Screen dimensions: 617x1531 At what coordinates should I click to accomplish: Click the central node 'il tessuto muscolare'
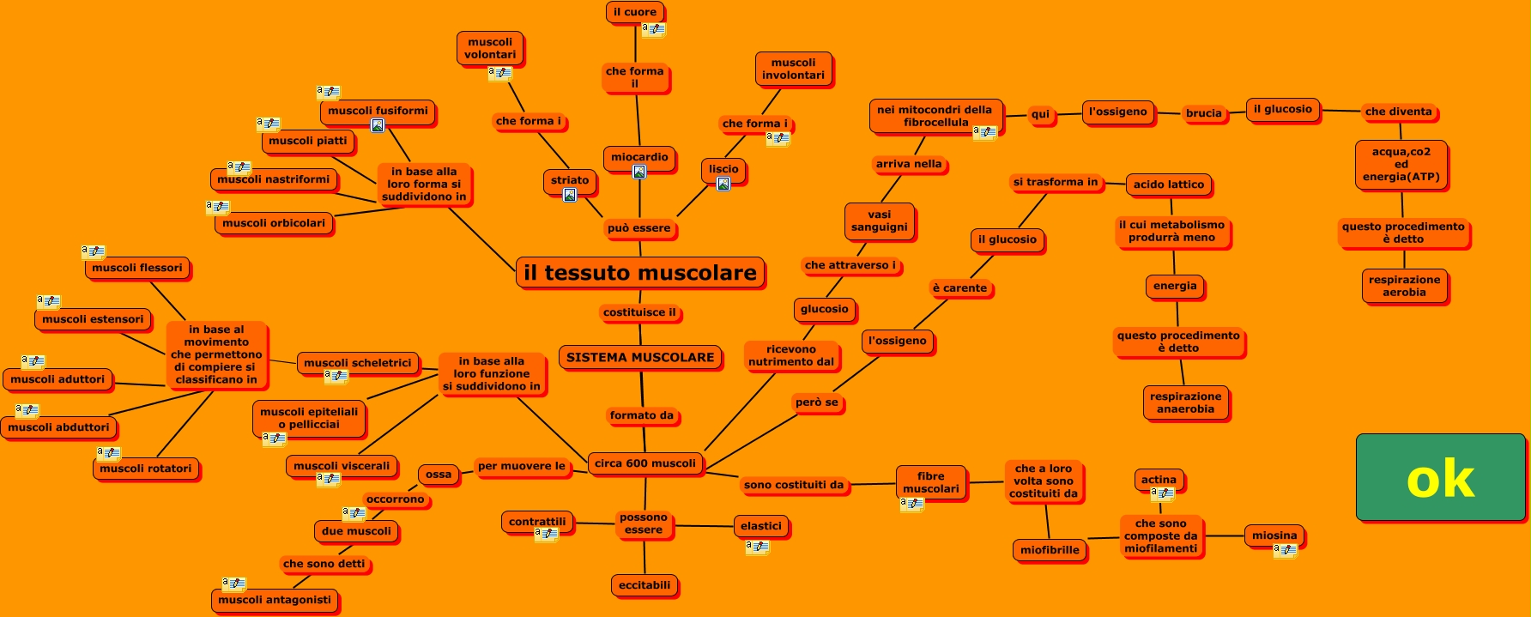639,273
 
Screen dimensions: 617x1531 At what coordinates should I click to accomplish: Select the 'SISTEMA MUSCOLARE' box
640,357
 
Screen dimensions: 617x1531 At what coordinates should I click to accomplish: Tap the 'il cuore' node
635,12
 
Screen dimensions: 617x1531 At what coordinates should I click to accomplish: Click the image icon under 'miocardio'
639,172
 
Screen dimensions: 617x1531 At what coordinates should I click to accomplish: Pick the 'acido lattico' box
1168,184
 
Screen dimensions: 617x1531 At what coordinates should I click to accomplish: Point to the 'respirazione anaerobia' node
1185,402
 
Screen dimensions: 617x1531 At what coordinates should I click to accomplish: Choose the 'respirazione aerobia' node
1404,286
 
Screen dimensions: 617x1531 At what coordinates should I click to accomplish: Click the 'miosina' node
1274,535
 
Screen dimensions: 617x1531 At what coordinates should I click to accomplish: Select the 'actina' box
1159,480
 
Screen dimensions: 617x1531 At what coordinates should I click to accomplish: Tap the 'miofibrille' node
1050,550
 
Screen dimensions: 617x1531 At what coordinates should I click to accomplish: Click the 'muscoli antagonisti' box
275,600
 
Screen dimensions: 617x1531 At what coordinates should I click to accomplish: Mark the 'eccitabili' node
644,585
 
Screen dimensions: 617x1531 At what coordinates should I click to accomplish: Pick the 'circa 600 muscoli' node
645,463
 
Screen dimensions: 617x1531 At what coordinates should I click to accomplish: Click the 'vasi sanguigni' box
879,221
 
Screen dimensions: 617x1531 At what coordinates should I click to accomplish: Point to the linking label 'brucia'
1203,113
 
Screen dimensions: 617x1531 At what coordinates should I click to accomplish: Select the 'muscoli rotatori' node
146,469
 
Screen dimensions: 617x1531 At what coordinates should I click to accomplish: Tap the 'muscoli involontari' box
793,69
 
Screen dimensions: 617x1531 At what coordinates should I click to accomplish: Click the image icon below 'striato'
570,196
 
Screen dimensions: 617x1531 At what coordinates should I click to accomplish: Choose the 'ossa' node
439,475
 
